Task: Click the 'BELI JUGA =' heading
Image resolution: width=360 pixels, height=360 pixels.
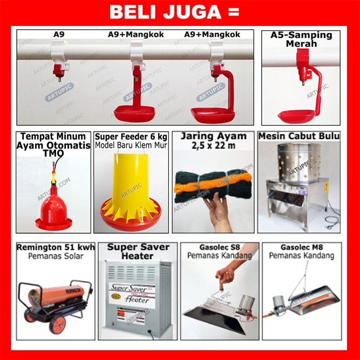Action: click(174, 12)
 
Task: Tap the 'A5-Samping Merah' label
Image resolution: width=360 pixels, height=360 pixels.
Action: click(301, 39)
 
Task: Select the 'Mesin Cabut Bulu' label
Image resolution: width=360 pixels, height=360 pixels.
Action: click(299, 136)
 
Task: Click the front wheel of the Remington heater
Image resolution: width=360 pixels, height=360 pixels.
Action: click(58, 324)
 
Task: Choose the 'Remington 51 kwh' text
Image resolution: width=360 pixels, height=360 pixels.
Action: click(56, 247)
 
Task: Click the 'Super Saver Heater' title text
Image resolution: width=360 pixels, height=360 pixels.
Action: click(138, 252)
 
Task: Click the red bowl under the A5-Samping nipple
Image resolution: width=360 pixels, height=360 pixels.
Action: click(297, 116)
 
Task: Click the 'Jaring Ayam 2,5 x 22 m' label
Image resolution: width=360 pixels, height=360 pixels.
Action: click(214, 140)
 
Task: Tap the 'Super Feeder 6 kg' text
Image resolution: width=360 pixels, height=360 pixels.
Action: click(131, 137)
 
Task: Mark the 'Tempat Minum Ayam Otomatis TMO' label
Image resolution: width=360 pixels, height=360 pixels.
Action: click(53, 145)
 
